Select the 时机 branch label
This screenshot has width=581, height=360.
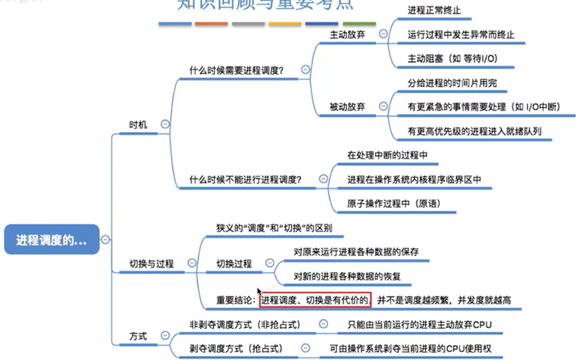139,123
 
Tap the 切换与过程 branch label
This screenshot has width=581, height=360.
152,263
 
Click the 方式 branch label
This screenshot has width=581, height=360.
138,336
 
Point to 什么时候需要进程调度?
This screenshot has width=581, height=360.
236,71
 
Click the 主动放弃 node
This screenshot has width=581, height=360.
348,33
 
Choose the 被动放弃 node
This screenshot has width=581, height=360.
348,106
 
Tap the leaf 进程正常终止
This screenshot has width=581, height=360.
434,10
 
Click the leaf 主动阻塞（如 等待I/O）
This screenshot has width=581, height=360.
452,58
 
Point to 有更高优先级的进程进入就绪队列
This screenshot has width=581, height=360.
474,131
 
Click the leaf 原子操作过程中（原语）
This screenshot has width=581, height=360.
393,203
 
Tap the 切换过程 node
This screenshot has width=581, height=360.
234,264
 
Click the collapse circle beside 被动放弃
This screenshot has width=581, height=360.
383,106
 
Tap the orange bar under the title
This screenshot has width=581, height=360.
211,24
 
